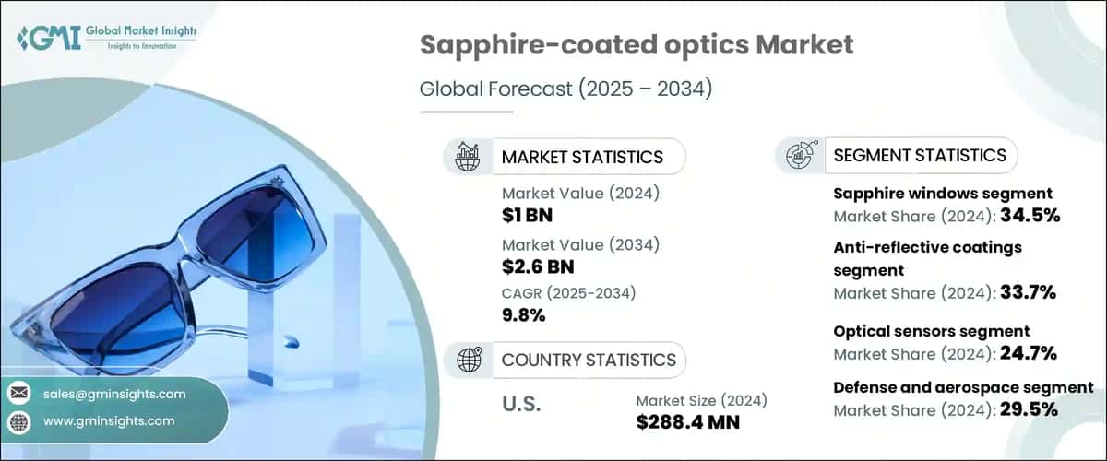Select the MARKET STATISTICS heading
coord(581,157)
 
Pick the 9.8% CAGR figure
coord(523,314)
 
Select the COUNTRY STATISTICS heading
coord(589,360)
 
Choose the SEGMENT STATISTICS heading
coord(920,155)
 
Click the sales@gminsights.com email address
coord(114,394)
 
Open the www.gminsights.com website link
coord(109,421)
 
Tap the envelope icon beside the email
coord(18,394)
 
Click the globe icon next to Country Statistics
coord(468,360)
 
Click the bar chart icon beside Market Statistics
coord(468,157)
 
